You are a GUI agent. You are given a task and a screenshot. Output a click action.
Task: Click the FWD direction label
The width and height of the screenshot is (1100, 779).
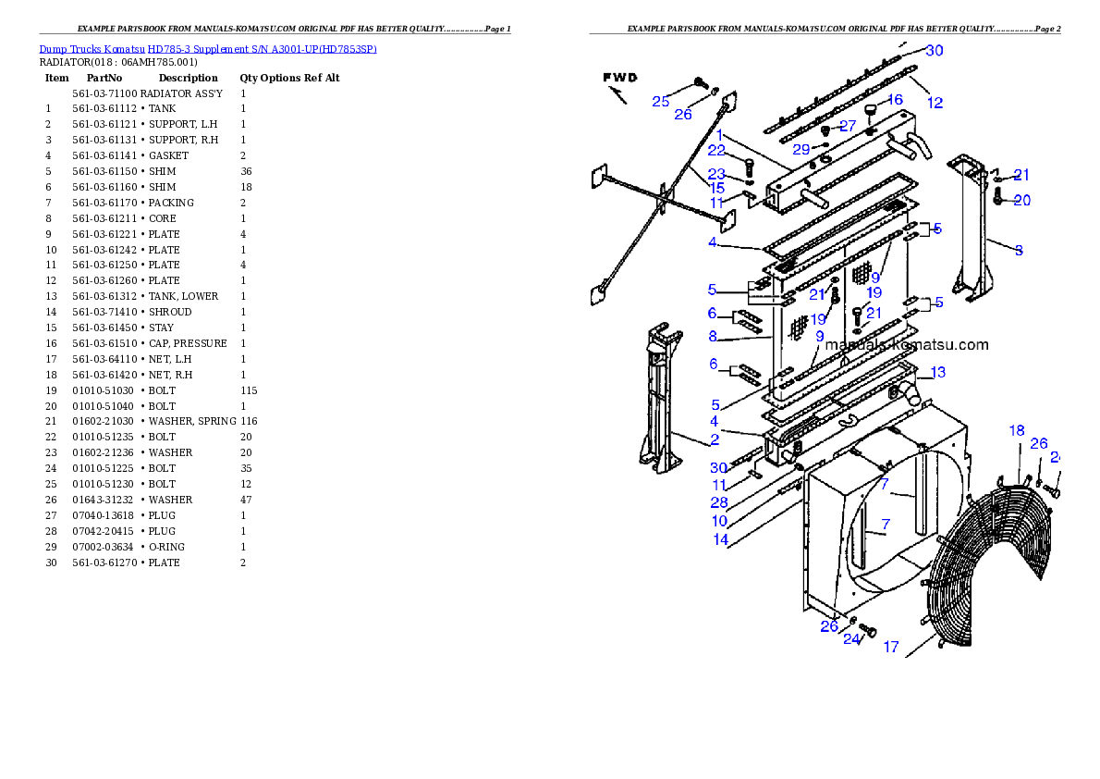[621, 78]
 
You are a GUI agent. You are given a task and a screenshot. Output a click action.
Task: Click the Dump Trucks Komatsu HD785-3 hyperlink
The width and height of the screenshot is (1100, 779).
[207, 49]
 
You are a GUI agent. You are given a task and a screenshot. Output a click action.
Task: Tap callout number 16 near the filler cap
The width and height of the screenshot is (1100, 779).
[895, 100]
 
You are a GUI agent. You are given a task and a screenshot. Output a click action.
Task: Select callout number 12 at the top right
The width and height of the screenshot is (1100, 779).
[935, 103]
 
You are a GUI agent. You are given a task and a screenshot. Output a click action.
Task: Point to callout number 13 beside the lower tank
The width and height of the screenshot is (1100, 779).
[937, 373]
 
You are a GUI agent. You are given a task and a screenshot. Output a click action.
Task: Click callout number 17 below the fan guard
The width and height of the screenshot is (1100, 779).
[891, 648]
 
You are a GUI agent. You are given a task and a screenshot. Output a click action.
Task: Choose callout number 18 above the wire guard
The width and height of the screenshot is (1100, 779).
[1017, 430]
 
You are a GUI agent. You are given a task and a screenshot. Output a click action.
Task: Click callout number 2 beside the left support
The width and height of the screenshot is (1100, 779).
[715, 439]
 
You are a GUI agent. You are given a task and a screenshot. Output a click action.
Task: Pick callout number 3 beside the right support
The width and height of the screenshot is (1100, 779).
[1019, 250]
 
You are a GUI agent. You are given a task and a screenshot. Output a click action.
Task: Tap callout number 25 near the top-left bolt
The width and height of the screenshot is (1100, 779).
[660, 102]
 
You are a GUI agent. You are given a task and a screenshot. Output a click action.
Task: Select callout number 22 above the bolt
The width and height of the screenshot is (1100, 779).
[716, 151]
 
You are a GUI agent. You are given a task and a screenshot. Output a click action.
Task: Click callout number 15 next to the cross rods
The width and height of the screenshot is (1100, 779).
[716, 189]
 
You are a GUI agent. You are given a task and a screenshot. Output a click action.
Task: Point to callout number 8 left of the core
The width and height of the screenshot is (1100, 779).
[713, 337]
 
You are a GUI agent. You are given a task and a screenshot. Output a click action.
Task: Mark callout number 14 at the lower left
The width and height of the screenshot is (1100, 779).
[720, 539]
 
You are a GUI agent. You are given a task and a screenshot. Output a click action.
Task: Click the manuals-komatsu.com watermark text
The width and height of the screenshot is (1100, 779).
[906, 345]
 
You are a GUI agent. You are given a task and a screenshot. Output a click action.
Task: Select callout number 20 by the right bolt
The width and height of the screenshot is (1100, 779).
[1021, 200]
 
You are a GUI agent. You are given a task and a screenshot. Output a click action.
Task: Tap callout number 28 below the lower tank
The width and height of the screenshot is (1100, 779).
[719, 503]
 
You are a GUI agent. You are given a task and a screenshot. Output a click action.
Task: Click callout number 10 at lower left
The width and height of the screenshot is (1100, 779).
[719, 522]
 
